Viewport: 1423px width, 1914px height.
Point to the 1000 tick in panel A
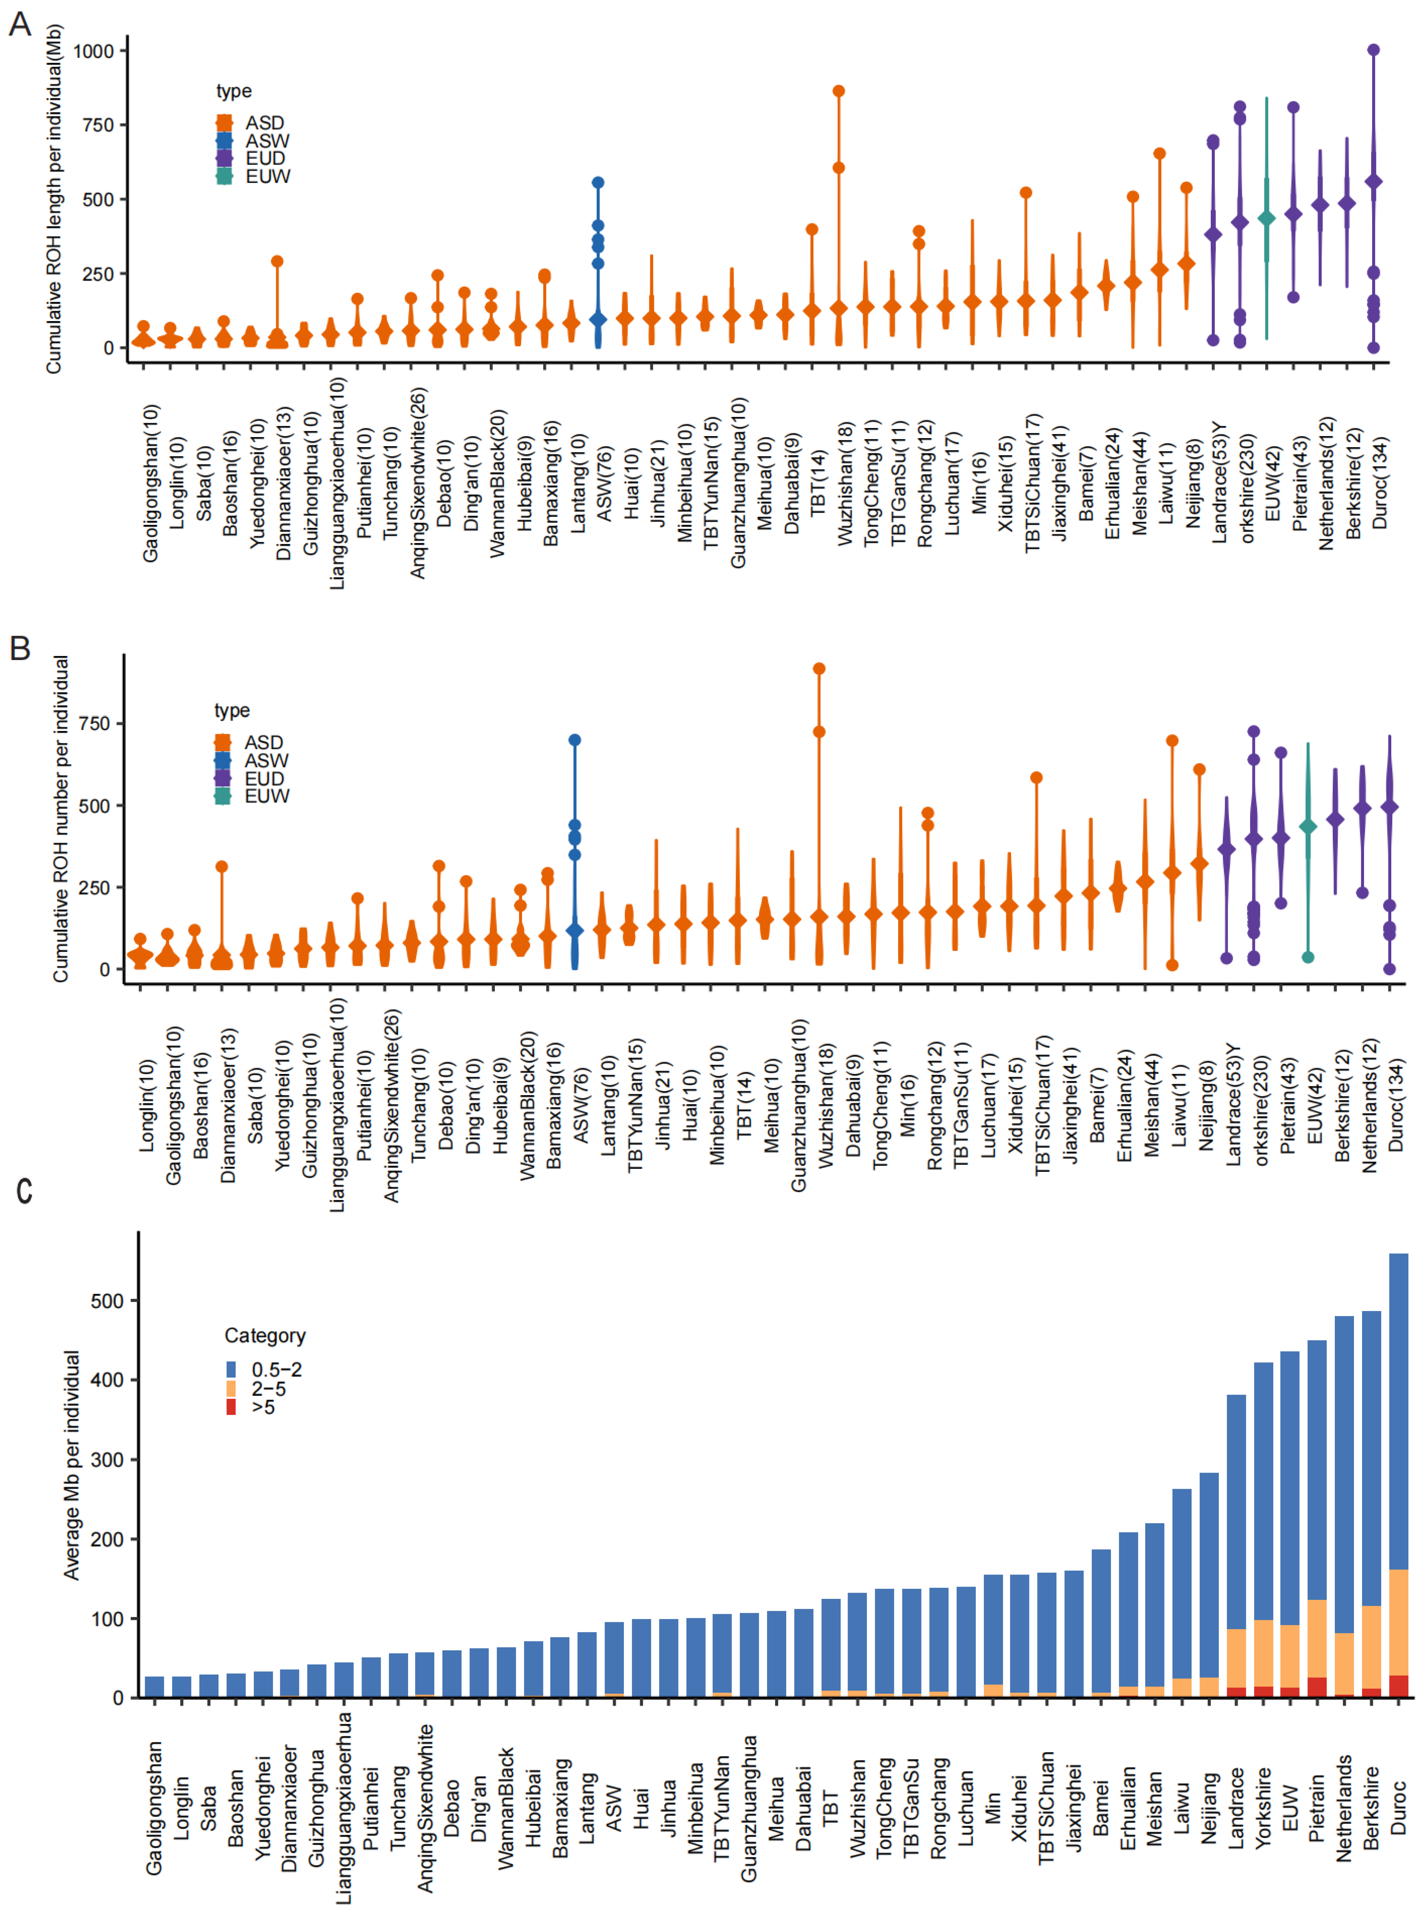click(93, 51)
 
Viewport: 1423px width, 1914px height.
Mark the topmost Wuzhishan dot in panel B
click(819, 669)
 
